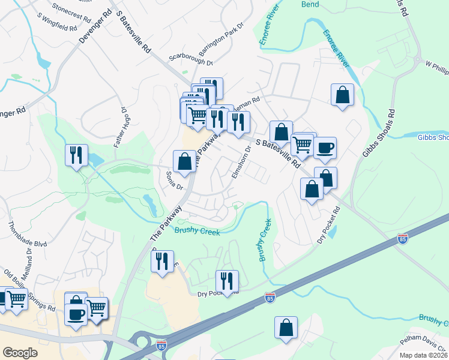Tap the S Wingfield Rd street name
56,23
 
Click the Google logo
20,352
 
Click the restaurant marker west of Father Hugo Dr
76,155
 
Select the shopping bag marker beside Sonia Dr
184,161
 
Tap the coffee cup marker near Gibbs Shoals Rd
325,148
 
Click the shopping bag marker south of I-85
286,328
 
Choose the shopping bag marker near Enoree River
342,95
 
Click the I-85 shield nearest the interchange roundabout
161,346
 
